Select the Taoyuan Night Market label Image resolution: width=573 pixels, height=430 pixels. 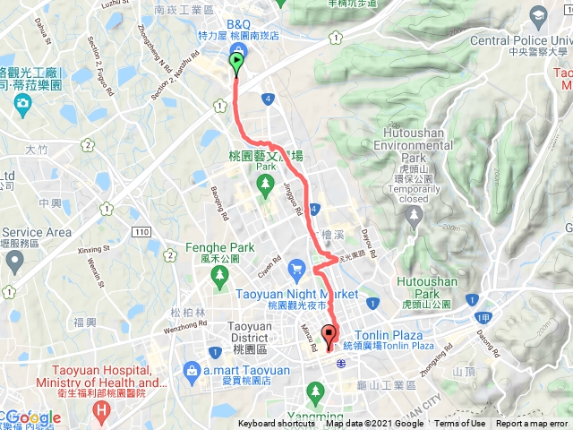point(297,293)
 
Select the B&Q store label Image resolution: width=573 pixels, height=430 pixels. point(238,23)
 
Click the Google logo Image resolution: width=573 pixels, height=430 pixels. point(33,417)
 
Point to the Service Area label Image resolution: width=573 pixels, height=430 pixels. point(36,232)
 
